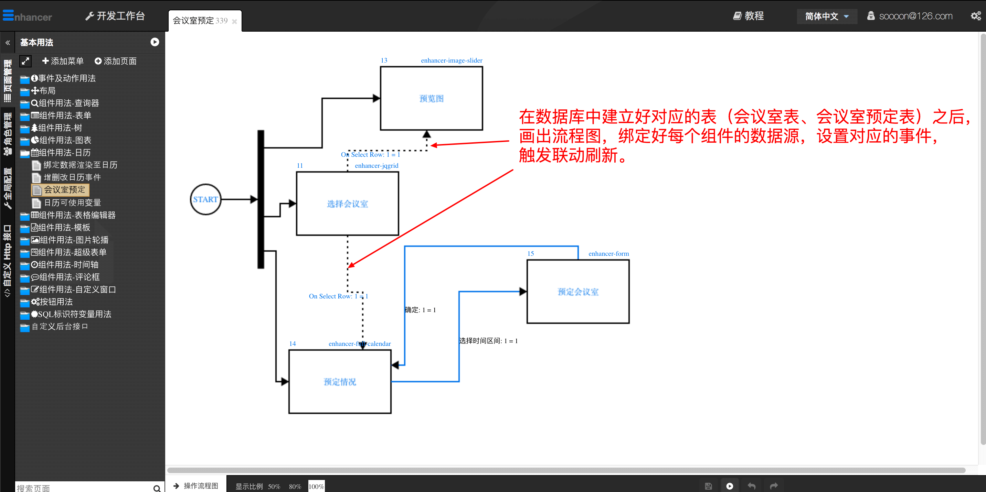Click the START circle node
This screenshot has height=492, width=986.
click(x=205, y=199)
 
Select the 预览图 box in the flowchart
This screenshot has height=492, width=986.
click(x=431, y=99)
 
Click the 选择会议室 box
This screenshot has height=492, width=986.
click(x=347, y=204)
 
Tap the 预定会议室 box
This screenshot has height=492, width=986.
click(x=577, y=292)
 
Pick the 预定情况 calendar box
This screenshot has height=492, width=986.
click(x=340, y=382)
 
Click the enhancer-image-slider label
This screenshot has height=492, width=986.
click(x=451, y=61)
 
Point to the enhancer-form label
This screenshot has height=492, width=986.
click(x=608, y=253)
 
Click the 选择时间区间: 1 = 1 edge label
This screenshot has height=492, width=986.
click(x=488, y=341)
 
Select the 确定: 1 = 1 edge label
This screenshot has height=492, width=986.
click(x=420, y=310)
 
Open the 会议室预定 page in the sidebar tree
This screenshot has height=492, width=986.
click(x=64, y=189)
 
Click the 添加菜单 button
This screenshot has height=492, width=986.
click(x=63, y=61)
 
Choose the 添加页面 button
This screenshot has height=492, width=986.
click(x=116, y=61)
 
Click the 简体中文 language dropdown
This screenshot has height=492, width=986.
click(x=827, y=16)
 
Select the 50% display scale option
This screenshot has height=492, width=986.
click(x=274, y=486)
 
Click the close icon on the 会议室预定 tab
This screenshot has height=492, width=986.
click(x=235, y=22)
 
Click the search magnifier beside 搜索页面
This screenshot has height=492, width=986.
click(x=157, y=488)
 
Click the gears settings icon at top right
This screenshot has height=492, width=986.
click(x=976, y=16)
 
